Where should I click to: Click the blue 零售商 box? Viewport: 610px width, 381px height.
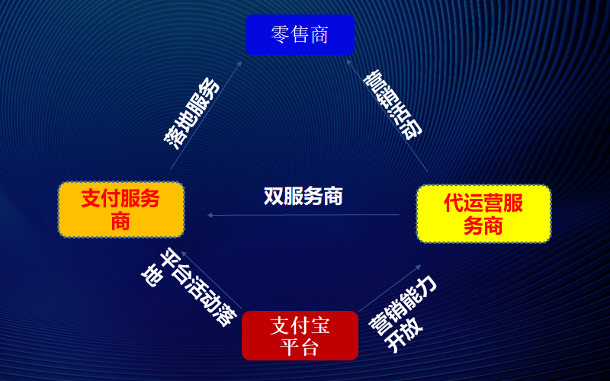(x=300, y=35)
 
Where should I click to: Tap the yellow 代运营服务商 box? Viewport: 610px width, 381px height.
(x=483, y=214)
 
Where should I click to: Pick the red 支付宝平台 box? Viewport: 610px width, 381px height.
(x=300, y=336)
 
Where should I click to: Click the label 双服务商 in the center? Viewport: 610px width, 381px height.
(x=303, y=196)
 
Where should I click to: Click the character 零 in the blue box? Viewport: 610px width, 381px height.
(x=280, y=35)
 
